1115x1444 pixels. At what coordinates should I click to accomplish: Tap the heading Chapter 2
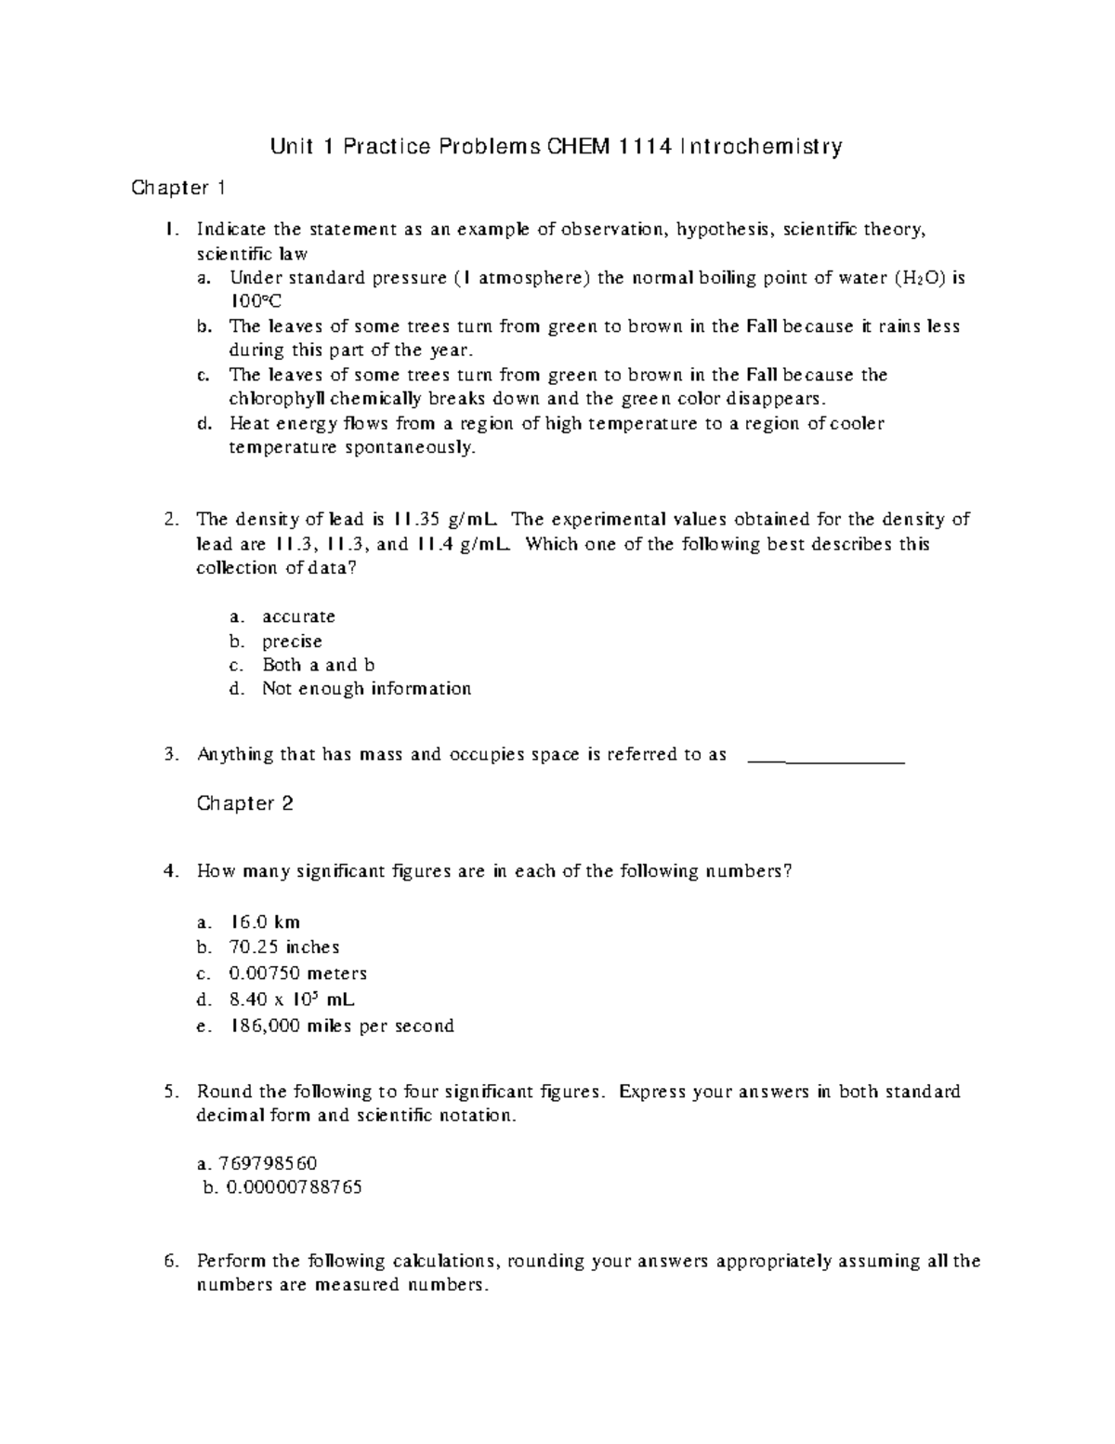245,803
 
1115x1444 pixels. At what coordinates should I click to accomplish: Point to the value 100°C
255,301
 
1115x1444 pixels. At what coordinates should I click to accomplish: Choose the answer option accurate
298,616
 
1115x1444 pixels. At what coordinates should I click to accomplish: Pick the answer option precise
292,642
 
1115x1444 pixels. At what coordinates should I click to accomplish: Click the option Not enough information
366,689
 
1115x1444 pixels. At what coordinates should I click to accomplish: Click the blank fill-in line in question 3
826,760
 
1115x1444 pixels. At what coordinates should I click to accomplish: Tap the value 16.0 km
264,922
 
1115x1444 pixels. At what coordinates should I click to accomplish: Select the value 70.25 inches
283,947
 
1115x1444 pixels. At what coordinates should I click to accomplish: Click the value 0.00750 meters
297,974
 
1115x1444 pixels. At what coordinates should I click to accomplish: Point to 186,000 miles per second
341,1027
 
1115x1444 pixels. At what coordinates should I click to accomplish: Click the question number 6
170,1262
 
